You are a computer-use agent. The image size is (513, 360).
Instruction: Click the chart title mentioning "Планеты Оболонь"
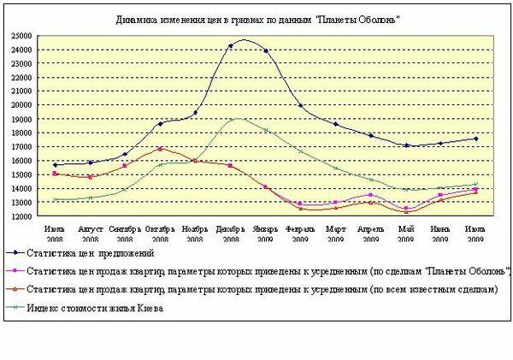tap(257, 18)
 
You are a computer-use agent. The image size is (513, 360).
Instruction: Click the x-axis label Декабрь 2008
tap(231, 233)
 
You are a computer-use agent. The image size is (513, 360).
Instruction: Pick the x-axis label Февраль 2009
tap(300, 233)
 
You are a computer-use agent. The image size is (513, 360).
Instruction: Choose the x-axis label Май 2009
tap(406, 233)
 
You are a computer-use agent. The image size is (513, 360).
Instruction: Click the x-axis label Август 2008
tap(90, 233)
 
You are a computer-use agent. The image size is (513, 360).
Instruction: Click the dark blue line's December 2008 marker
tap(231, 46)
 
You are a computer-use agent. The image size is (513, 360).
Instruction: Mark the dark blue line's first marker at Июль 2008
tap(55, 165)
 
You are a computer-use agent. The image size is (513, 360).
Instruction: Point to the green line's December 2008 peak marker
tap(231, 120)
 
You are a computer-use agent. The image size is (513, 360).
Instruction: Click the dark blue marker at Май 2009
tap(406, 145)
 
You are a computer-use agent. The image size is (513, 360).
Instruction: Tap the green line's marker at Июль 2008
tap(55, 199)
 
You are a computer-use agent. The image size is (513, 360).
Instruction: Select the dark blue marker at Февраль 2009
tap(300, 106)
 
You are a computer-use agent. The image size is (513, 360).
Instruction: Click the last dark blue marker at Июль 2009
tap(475, 139)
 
